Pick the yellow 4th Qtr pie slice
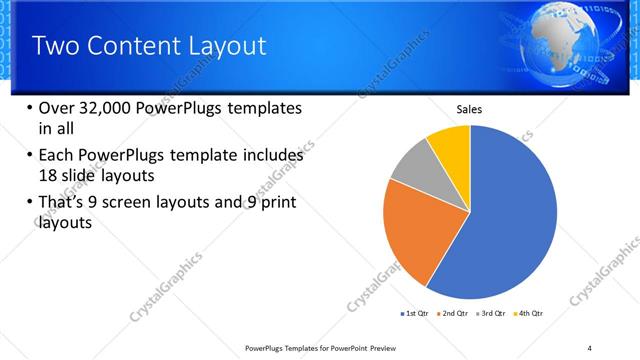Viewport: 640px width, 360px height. click(451, 144)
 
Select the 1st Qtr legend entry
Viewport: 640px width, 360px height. click(416, 314)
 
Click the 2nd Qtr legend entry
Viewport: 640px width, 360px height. click(455, 314)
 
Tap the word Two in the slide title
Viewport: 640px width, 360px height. click(54, 46)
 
